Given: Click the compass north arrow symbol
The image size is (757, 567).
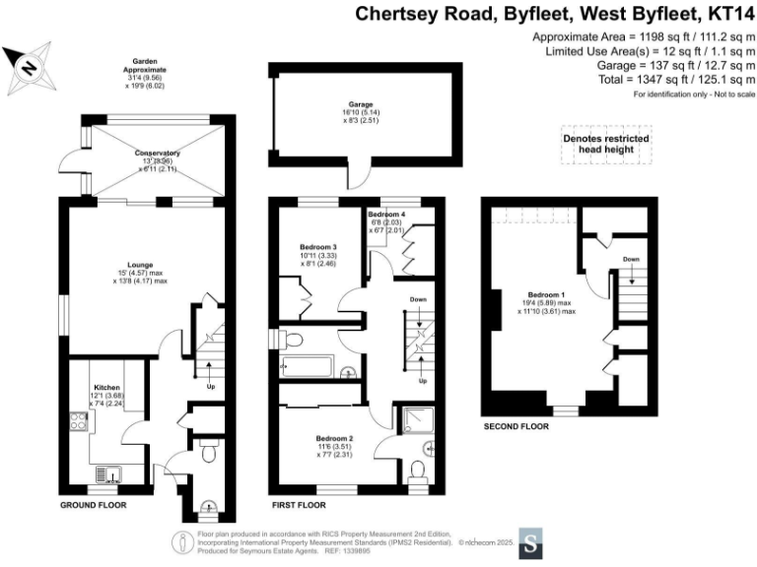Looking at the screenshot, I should pyautogui.click(x=27, y=67).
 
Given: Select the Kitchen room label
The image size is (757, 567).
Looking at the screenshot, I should pyautogui.click(x=105, y=389).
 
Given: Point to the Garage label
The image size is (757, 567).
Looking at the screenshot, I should pyautogui.click(x=360, y=102).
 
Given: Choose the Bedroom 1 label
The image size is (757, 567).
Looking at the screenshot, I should pyautogui.click(x=542, y=292).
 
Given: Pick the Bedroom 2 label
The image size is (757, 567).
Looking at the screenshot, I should pyautogui.click(x=336, y=438).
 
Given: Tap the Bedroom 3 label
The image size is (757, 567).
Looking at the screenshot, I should pyautogui.click(x=320, y=247).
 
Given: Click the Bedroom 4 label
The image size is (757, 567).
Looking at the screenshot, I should pyautogui.click(x=386, y=214).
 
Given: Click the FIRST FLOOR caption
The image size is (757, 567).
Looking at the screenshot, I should pyautogui.click(x=299, y=504).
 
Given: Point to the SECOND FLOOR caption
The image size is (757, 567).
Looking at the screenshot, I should pyautogui.click(x=516, y=427).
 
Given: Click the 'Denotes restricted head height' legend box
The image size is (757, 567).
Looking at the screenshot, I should pyautogui.click(x=605, y=145).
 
